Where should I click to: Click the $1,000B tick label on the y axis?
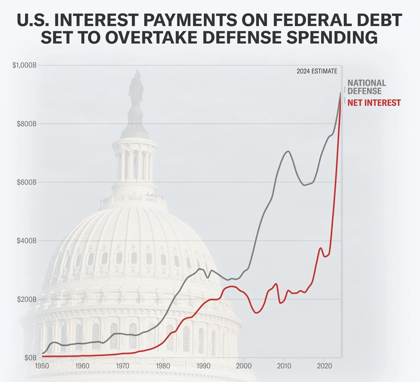click(x=24, y=65)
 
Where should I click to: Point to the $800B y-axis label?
click(x=26, y=124)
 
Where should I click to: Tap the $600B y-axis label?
click(x=26, y=182)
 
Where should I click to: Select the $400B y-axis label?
click(x=26, y=241)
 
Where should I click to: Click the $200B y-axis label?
click(x=26, y=299)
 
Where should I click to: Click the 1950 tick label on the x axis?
click(x=42, y=366)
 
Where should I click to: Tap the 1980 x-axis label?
click(x=163, y=366)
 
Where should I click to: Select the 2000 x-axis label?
click(x=244, y=366)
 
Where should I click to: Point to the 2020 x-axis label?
click(x=324, y=366)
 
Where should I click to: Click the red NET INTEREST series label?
click(x=374, y=103)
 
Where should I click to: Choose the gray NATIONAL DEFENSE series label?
click(x=366, y=87)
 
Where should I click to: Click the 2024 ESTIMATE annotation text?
click(x=317, y=71)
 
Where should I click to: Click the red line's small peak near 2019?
click(x=321, y=248)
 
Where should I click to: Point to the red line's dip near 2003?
click(x=256, y=313)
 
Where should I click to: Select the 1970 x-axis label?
click(x=123, y=366)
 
